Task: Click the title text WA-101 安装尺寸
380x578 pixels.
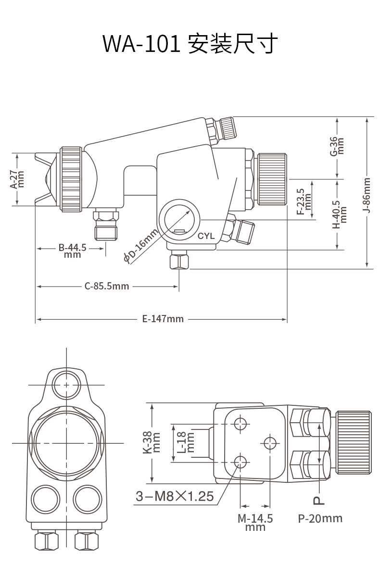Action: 190,43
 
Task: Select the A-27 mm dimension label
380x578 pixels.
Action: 18,179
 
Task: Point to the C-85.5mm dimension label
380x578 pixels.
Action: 107,286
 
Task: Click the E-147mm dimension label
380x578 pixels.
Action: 163,318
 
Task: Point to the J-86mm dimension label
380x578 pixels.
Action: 367,195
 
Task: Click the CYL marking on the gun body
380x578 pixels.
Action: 206,236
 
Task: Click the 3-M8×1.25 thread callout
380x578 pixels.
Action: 174,496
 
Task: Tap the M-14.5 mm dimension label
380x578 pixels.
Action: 255,522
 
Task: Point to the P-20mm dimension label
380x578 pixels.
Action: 320,518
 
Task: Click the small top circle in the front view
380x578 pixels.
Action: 66,385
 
